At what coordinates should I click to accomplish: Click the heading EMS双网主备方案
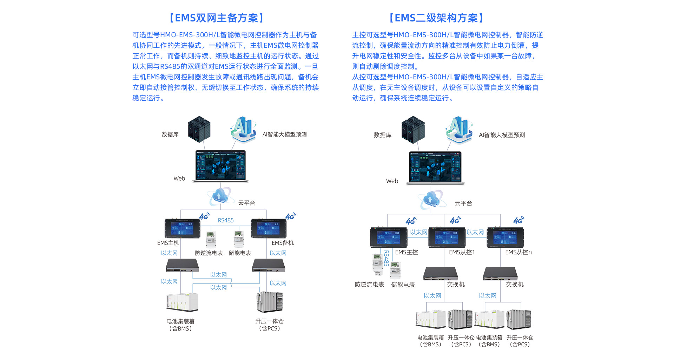217,18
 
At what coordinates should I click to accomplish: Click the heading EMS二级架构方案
436,18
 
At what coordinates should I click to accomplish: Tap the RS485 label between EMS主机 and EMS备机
226,220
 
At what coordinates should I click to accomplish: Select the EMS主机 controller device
182,228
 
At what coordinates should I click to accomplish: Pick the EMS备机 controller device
269,228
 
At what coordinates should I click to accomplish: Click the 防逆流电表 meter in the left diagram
211,239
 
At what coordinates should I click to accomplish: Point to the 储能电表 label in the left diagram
240,253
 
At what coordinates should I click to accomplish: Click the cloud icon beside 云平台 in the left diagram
219,196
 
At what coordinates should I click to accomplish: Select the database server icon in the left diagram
199,129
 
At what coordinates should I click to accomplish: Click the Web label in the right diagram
392,181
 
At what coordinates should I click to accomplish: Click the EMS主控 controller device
389,237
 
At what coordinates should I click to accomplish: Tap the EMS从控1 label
462,252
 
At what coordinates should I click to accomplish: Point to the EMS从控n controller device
505,237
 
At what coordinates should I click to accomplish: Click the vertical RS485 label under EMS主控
386,258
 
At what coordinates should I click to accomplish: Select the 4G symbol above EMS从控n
518,220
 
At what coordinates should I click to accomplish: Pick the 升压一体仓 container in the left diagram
270,302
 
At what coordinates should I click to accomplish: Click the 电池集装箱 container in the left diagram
182,302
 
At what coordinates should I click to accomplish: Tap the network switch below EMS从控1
441,274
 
